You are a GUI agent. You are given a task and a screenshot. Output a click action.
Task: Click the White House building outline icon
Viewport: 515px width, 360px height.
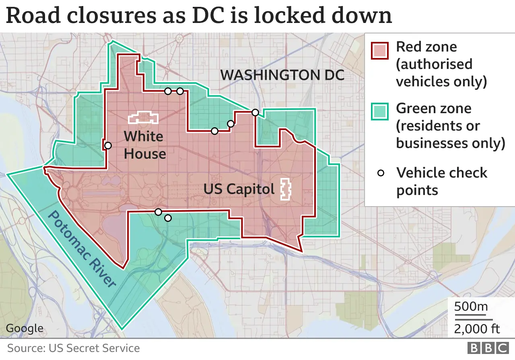pos(143,117)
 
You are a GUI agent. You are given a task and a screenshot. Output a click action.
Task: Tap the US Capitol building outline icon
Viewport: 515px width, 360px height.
pos(285,189)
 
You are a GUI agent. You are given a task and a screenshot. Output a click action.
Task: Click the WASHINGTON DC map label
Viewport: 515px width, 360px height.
pos(282,75)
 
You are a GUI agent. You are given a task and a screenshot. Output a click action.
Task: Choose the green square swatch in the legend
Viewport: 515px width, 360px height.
pos(379,112)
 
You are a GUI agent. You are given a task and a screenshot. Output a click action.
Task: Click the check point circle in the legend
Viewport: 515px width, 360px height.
pos(380,174)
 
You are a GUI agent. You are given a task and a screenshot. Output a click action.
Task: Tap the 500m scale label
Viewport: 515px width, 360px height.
pos(471,306)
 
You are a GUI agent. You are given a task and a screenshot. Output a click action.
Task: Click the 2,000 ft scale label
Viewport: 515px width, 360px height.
pos(477,329)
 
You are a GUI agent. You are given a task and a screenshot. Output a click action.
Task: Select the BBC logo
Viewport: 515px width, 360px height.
pos(488,348)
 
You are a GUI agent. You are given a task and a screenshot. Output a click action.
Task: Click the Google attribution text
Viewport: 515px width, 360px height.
pos(25,328)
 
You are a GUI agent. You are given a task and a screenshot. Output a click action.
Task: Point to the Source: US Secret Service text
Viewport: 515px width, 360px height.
pos(74,348)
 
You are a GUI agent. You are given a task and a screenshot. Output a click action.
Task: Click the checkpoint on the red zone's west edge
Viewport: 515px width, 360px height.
pos(108,145)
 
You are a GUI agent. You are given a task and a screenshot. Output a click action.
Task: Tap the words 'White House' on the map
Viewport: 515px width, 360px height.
pos(144,145)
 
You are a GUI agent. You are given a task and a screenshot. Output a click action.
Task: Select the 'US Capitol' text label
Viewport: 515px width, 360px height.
pos(239,189)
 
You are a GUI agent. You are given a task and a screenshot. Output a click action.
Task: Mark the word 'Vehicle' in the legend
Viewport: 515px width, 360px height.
pos(421,173)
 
